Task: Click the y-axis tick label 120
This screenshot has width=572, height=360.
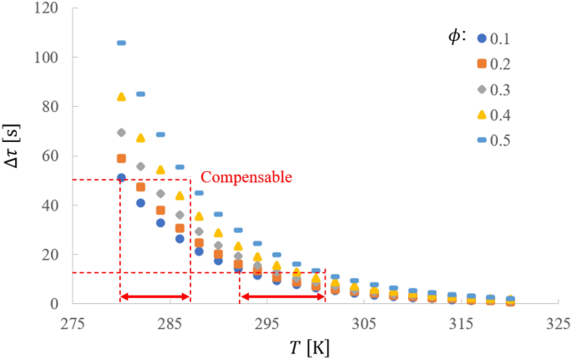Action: pyautogui.click(x=45, y=8)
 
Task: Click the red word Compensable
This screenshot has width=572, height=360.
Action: pyautogui.click(x=246, y=177)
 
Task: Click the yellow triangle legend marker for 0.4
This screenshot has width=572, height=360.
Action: pyautogui.click(x=483, y=114)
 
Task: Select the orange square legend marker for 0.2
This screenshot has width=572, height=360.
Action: pyautogui.click(x=483, y=63)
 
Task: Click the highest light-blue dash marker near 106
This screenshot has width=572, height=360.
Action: pyautogui.click(x=121, y=43)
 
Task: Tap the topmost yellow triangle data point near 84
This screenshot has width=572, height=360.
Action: pyautogui.click(x=121, y=97)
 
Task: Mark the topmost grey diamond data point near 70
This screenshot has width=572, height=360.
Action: pyautogui.click(x=121, y=132)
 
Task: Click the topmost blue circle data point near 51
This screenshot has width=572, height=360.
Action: pyautogui.click(x=121, y=177)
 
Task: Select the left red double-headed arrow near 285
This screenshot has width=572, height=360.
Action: pyautogui.click(x=155, y=297)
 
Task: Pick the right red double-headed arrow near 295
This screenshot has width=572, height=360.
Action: pyautogui.click(x=282, y=297)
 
